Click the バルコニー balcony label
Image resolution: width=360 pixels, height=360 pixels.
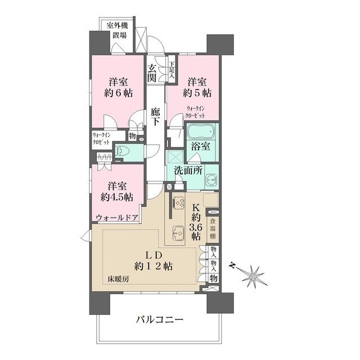pyautogui.click(x=160, y=320)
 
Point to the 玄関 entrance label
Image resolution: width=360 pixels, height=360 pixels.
pyautogui.click(x=152, y=74)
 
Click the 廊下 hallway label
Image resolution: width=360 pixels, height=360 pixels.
pyautogui.click(x=156, y=116)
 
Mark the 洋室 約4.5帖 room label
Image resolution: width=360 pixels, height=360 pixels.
pyautogui.click(x=116, y=191)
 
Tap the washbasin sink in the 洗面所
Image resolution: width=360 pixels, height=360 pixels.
pyautogui.click(x=210, y=180)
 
